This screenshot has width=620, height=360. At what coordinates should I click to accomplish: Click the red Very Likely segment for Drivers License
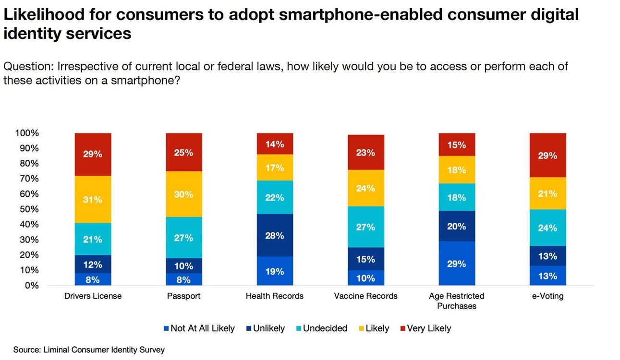93,155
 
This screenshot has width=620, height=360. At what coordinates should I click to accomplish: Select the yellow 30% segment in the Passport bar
184,194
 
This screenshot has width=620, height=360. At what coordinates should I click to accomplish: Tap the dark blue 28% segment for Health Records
275,235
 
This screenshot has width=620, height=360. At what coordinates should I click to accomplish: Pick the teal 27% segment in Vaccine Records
365,227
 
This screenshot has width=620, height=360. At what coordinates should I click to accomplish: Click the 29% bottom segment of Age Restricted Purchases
457,263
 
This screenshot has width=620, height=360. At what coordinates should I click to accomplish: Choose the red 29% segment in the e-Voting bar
547,156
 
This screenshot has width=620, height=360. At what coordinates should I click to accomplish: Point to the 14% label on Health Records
275,144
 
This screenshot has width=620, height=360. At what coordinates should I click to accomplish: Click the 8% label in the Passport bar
184,280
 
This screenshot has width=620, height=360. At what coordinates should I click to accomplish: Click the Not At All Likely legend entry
199,328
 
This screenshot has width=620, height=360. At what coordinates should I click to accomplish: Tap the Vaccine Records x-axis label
365,296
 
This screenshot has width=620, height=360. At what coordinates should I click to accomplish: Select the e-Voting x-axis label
547,296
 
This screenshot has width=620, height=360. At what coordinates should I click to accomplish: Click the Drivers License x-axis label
93,296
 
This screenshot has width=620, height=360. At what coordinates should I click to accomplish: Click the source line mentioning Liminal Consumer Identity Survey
89,349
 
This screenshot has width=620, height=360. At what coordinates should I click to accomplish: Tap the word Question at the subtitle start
24,66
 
